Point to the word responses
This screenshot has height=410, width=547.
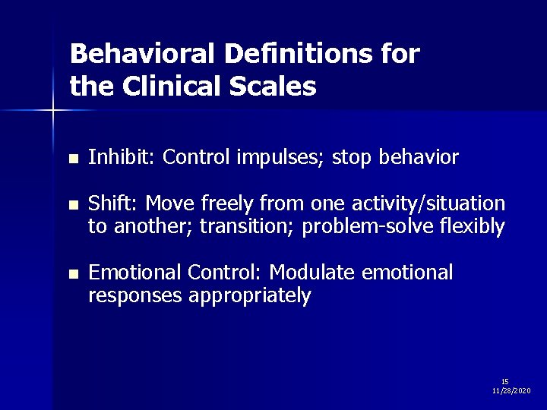click(x=134, y=295)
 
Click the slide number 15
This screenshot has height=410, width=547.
click(x=505, y=381)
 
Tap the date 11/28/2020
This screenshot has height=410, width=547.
click(x=511, y=390)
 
